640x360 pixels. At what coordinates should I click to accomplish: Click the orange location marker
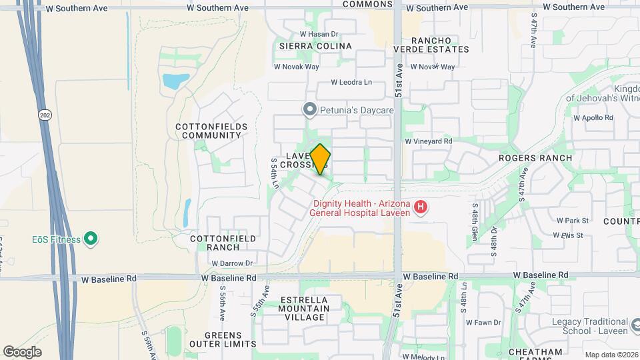click(321, 159)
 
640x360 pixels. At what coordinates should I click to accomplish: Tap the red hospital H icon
click(421, 207)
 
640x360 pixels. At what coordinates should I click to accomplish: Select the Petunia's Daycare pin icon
click(309, 109)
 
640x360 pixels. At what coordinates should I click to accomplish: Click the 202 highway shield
click(44, 114)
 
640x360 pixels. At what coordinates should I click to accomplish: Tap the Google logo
click(22, 352)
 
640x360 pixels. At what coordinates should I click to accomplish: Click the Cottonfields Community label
click(211, 131)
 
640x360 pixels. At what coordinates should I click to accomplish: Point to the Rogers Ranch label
click(535, 158)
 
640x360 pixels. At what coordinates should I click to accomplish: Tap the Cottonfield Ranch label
click(214, 243)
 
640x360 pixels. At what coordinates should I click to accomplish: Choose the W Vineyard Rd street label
click(429, 141)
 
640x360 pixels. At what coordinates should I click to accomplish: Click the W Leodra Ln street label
click(352, 83)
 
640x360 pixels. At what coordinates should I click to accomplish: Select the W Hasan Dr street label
click(319, 33)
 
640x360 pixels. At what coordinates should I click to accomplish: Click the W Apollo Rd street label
click(593, 117)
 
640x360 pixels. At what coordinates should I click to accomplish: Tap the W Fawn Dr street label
click(483, 322)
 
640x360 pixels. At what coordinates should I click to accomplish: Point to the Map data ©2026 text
click(610, 354)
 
